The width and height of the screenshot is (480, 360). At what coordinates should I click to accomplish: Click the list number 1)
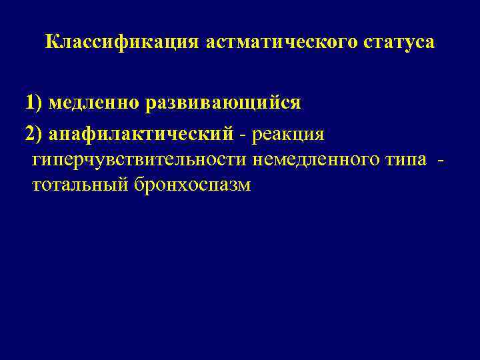[33, 103]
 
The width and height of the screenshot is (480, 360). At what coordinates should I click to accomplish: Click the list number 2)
[34, 135]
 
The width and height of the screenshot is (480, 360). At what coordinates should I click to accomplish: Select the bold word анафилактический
[141, 135]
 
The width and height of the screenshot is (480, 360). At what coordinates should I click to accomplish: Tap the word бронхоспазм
[193, 185]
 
